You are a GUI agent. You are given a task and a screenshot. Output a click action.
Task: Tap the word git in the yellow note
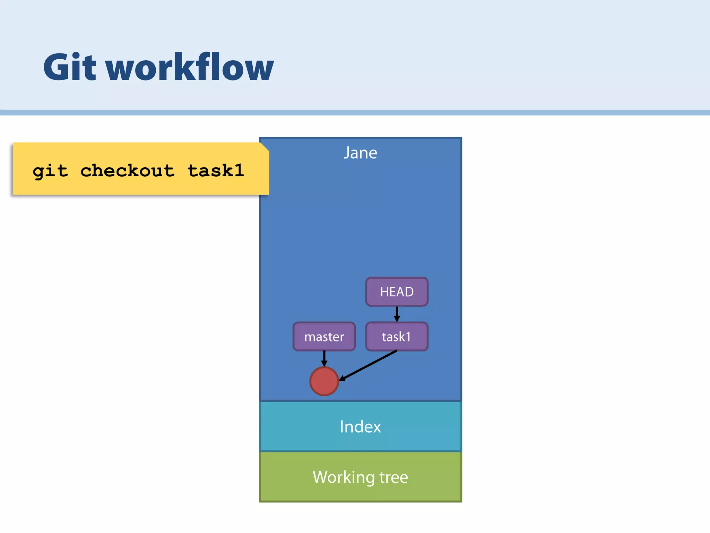(50, 171)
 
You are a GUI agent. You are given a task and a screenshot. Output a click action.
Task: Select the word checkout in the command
(127, 170)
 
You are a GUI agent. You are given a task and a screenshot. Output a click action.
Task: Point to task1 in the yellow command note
(216, 170)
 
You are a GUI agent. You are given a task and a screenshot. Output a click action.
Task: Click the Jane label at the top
(360, 153)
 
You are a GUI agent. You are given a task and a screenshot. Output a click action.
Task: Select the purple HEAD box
(397, 292)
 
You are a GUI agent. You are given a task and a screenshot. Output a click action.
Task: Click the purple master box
(324, 337)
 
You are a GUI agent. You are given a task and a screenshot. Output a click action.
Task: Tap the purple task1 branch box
(397, 337)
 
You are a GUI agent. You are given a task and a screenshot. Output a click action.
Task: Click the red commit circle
(324, 381)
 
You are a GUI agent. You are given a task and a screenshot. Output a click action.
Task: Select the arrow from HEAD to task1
(397, 313)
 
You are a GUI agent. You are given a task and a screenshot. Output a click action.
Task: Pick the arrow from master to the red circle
(324, 358)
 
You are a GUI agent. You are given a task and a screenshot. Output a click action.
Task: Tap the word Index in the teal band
(360, 426)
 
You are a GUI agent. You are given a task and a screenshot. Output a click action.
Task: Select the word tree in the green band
(393, 477)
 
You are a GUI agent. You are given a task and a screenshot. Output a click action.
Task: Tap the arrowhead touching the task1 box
(397, 319)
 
